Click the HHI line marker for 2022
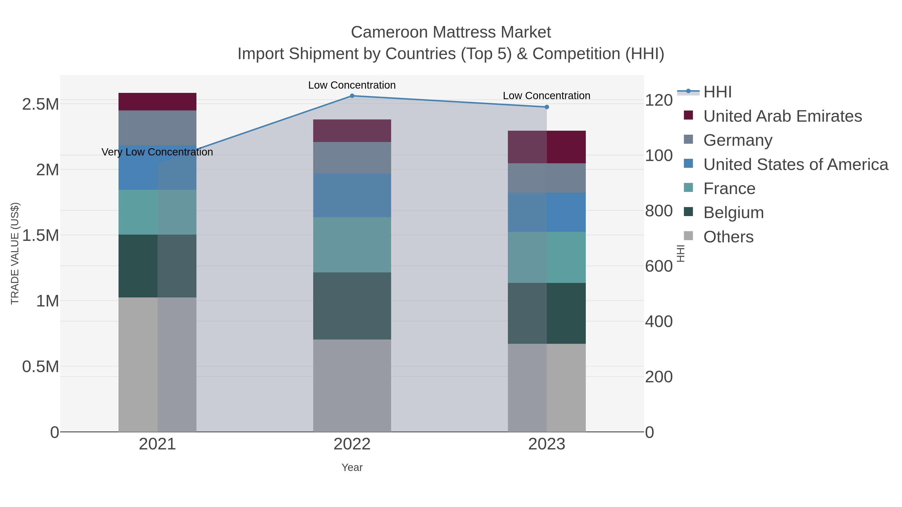coord(352,96)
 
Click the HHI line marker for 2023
coord(547,107)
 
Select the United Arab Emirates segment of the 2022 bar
coord(352,130)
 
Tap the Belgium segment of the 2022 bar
coord(352,306)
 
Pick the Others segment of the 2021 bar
coord(157,364)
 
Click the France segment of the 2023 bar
coord(547,257)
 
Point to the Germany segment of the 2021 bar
coord(157,128)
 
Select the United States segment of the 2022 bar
coord(352,195)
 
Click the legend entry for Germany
coord(737,140)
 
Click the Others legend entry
coord(728,237)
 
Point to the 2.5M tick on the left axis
coord(41,104)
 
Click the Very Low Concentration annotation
coord(157,152)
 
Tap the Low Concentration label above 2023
coord(547,96)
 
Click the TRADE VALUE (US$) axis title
coord(15,253)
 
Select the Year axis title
coord(352,467)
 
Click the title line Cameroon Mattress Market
coord(451,32)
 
